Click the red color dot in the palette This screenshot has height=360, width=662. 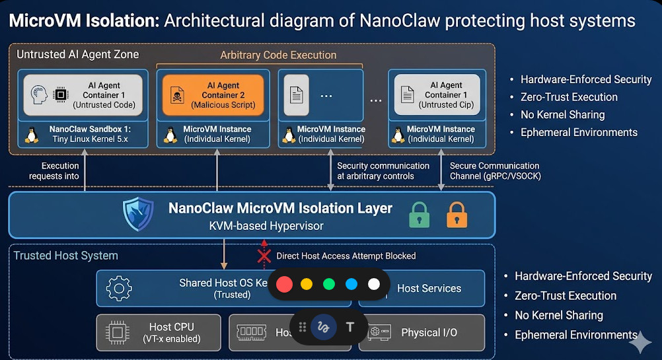(284, 284)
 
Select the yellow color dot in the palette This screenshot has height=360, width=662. (307, 284)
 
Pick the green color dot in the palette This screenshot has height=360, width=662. (329, 284)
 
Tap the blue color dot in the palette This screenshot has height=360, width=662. (351, 284)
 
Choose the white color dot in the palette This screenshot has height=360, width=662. (374, 284)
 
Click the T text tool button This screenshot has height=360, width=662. (350, 327)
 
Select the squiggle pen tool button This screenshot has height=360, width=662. (323, 327)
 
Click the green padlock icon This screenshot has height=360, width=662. (419, 215)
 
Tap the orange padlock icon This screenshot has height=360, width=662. (457, 215)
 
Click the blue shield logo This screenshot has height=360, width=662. (138, 214)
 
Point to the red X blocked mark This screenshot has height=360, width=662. (264, 256)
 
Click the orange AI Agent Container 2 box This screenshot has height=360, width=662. (212, 95)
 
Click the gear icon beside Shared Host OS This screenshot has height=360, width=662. (119, 289)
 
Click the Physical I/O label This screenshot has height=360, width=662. (429, 332)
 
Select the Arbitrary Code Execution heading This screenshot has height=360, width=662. (278, 55)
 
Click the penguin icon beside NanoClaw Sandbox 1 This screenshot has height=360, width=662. (30, 135)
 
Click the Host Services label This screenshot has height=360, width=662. (429, 288)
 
